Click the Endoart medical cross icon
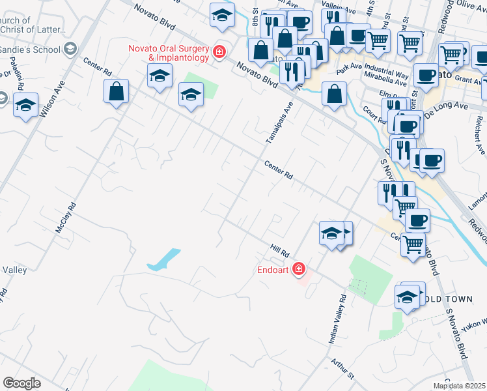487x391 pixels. point(299,268)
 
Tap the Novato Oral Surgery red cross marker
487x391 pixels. point(219,51)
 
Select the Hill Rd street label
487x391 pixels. point(279,249)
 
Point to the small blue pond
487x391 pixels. point(163,259)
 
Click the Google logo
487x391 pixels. point(21,383)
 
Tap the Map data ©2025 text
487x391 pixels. point(460,386)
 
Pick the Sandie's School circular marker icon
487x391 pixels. point(70,49)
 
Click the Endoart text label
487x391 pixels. point(273,268)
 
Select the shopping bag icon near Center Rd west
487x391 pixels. point(116,92)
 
